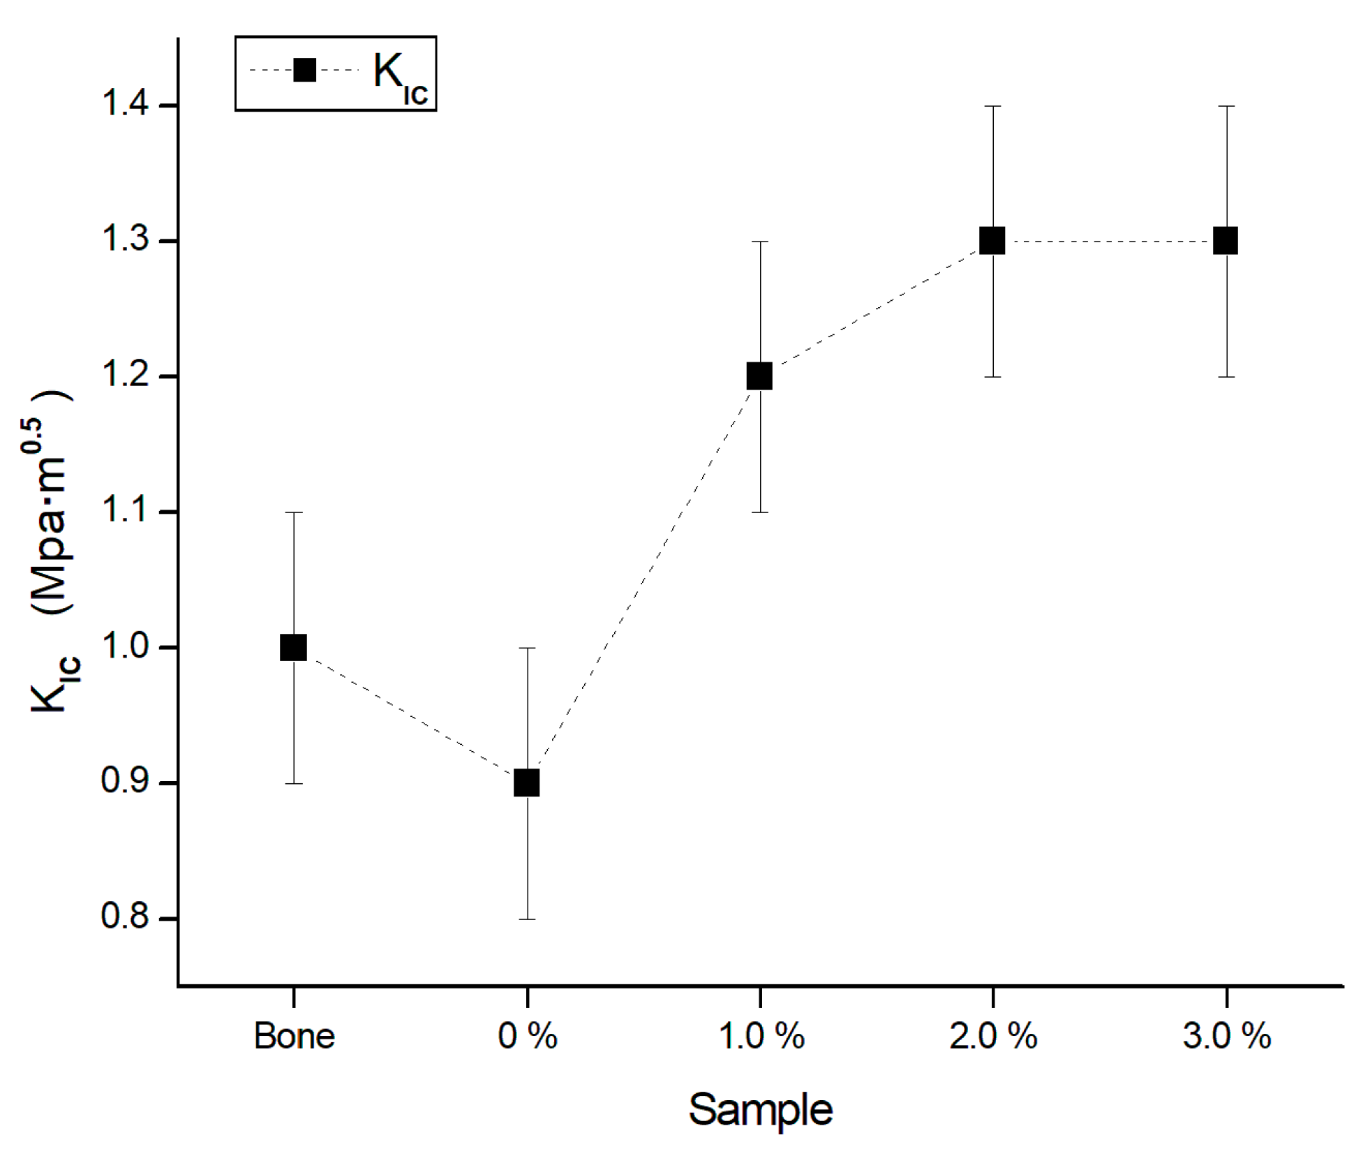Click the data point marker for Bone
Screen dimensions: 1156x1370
(x=293, y=647)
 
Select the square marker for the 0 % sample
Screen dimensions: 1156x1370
(x=527, y=783)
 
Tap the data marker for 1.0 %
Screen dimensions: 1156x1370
(x=759, y=376)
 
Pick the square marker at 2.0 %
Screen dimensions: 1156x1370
(x=992, y=241)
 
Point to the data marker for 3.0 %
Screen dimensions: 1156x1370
(x=1226, y=241)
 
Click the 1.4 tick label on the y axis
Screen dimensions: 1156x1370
(x=126, y=105)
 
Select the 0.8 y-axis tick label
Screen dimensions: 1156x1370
(x=126, y=916)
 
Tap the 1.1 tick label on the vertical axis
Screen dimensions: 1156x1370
(x=126, y=510)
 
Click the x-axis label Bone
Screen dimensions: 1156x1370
(x=294, y=1035)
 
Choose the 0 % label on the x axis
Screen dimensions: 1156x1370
(x=527, y=1035)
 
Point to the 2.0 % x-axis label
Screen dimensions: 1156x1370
(x=992, y=1035)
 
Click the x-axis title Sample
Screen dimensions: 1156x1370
(x=760, y=1109)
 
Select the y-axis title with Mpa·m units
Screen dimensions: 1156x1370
(x=52, y=551)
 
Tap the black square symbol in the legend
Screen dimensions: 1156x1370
(x=304, y=70)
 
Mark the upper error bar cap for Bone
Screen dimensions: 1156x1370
(x=294, y=512)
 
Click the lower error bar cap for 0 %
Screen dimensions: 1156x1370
(x=527, y=919)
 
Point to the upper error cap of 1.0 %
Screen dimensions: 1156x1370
(x=760, y=242)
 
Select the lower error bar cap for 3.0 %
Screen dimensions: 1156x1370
(x=1226, y=377)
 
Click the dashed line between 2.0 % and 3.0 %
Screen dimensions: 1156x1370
(x=1110, y=242)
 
